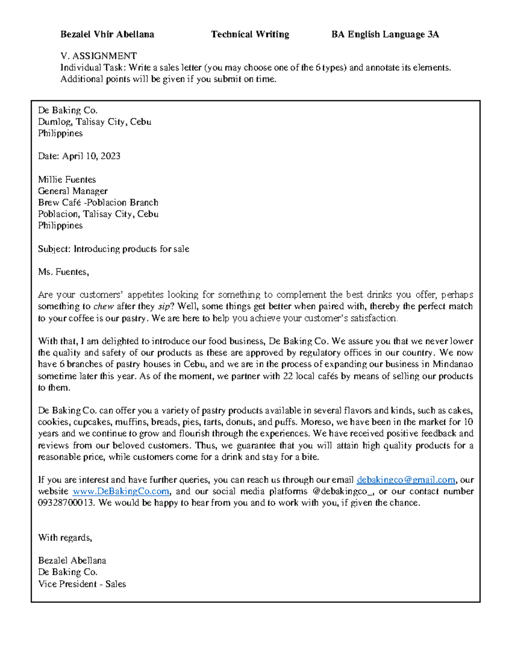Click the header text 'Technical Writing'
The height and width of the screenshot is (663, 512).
click(250, 35)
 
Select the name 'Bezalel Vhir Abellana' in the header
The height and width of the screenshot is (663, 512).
click(107, 35)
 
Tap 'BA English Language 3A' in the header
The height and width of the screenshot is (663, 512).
click(385, 35)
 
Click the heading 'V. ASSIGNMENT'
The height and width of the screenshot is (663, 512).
click(99, 56)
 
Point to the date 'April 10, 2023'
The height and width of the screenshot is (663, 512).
click(91, 156)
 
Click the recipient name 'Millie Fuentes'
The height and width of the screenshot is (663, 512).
click(67, 180)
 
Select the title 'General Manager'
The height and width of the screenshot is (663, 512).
click(73, 191)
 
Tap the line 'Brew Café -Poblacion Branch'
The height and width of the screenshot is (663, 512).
click(98, 203)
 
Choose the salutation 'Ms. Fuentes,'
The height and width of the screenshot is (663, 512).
click(64, 272)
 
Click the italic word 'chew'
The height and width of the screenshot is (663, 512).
click(103, 307)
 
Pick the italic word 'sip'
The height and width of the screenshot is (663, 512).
click(163, 307)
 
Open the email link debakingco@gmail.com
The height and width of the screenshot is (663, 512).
click(406, 480)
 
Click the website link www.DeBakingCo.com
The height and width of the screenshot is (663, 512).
click(121, 491)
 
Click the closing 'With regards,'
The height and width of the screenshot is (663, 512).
click(65, 538)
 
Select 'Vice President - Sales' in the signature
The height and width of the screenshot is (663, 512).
click(82, 584)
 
